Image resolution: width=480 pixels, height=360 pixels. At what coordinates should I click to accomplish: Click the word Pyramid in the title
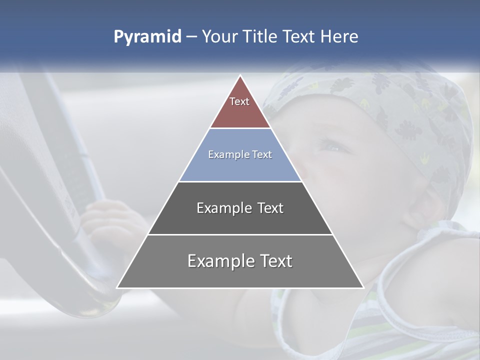coord(147,37)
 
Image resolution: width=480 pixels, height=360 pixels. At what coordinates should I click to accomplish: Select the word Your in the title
coord(219,37)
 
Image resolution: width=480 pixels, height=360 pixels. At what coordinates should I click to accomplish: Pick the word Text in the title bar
coord(299,37)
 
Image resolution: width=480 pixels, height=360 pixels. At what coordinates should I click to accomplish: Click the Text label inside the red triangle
coord(239,101)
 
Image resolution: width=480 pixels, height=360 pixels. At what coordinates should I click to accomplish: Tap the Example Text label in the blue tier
coord(240,154)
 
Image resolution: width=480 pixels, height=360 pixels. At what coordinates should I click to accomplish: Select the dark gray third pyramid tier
coord(240,220)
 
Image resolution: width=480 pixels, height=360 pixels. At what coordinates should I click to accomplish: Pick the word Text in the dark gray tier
coord(270,208)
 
